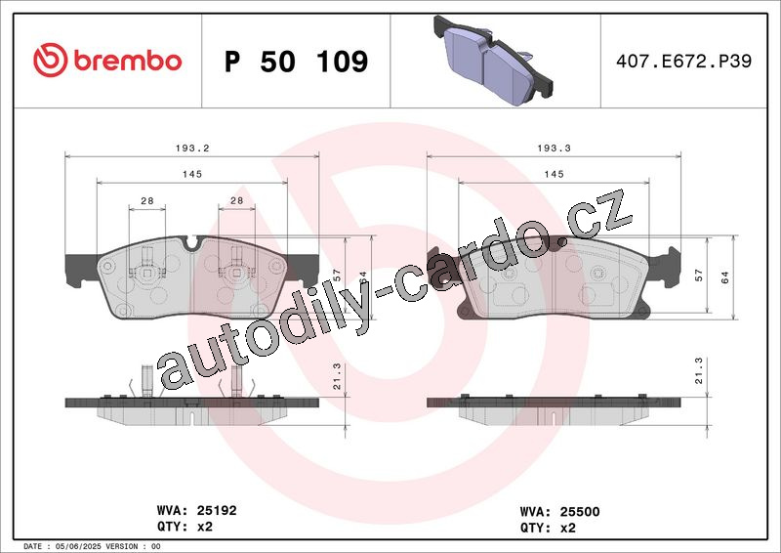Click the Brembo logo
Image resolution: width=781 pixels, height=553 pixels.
click(107, 61)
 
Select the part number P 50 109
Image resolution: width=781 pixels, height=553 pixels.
click(297, 62)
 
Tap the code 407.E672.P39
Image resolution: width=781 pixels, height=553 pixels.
click(683, 61)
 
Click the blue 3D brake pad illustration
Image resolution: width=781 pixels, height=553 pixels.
click(494, 61)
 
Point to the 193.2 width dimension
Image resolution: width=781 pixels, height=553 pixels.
click(192, 149)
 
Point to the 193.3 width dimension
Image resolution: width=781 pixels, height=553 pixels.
click(554, 149)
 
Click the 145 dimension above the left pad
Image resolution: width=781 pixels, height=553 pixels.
click(192, 174)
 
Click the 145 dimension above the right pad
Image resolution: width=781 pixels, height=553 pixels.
click(554, 174)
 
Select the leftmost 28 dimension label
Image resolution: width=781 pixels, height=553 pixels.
click(147, 200)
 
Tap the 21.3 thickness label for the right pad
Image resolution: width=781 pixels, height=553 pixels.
click(699, 370)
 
